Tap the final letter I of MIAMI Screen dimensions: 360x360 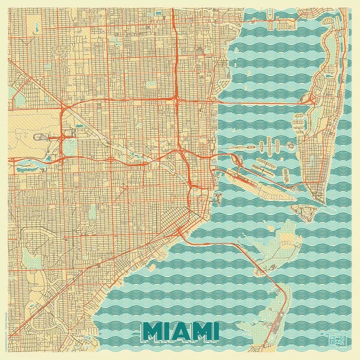214,330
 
